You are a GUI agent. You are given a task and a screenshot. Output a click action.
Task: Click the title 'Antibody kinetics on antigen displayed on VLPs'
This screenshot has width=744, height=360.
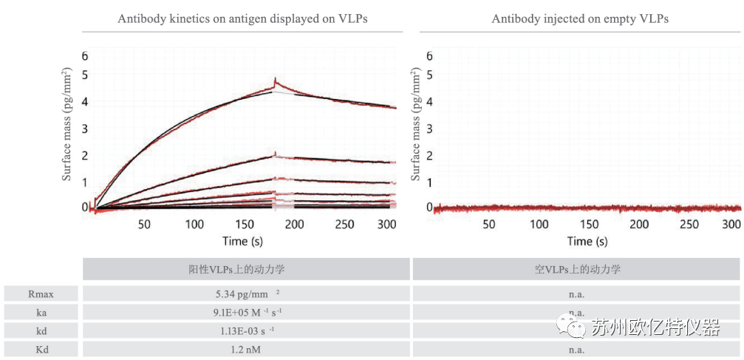pos(242,19)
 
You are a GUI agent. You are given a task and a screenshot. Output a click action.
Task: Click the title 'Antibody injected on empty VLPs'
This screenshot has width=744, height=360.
pos(580,19)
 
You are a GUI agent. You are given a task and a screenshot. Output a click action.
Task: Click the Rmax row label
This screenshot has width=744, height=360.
pos(41,293)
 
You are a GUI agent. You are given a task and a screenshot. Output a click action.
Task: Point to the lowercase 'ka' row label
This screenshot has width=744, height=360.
pos(41,313)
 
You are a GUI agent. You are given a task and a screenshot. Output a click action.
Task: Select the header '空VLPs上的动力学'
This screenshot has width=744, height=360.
pos(577,269)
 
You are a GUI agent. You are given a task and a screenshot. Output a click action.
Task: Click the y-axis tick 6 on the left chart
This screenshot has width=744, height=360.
pos(85,56)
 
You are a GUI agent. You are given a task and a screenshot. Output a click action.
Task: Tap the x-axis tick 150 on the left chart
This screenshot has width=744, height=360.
pos(245,224)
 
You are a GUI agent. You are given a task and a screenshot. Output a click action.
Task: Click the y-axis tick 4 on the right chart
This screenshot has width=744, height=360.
pos(429,101)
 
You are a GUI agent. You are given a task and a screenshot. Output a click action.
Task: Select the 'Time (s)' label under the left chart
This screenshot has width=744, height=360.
pos(241,241)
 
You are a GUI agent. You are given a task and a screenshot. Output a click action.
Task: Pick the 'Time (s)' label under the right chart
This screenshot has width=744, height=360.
pos(587,241)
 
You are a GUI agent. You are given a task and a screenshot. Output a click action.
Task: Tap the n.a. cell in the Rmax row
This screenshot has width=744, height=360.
pos(577,293)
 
